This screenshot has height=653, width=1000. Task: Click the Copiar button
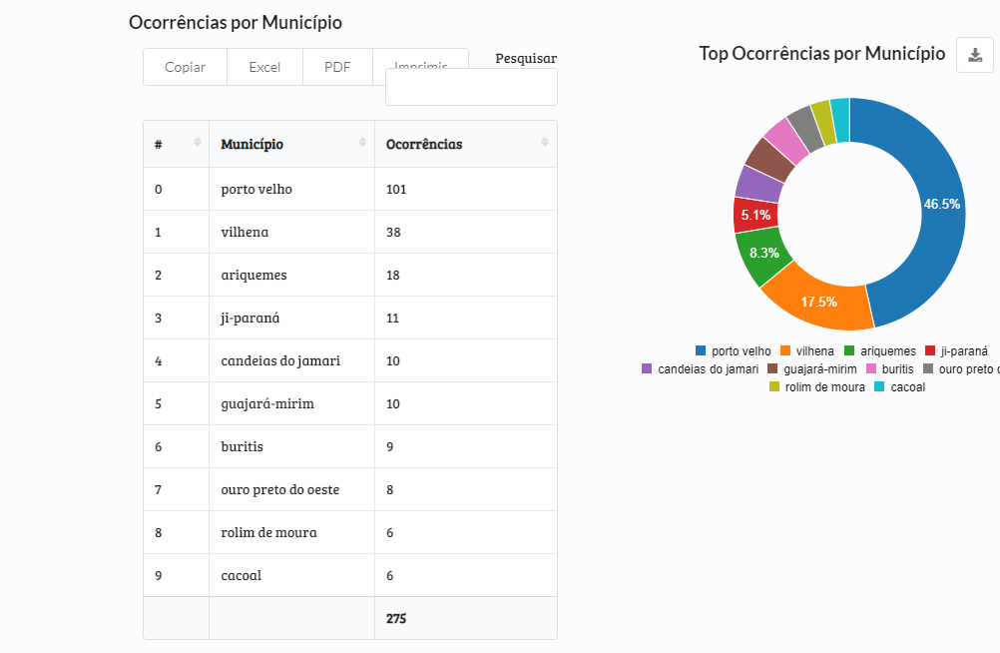[185, 67]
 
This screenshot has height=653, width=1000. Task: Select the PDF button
[337, 67]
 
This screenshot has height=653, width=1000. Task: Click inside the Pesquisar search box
[471, 87]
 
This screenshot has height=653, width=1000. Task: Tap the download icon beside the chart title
[975, 54]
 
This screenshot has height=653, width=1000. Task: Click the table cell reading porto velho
[256, 189]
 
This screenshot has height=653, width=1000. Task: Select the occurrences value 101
[396, 189]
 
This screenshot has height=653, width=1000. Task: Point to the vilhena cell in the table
[245, 232]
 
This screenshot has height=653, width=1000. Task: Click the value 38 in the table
[393, 232]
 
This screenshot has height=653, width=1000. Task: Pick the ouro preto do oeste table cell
[279, 489]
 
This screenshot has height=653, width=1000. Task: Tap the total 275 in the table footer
[396, 618]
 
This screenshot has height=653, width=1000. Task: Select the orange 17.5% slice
[818, 302]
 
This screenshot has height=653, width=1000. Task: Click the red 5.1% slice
[754, 214]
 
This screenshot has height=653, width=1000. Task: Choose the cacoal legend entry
[900, 386]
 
